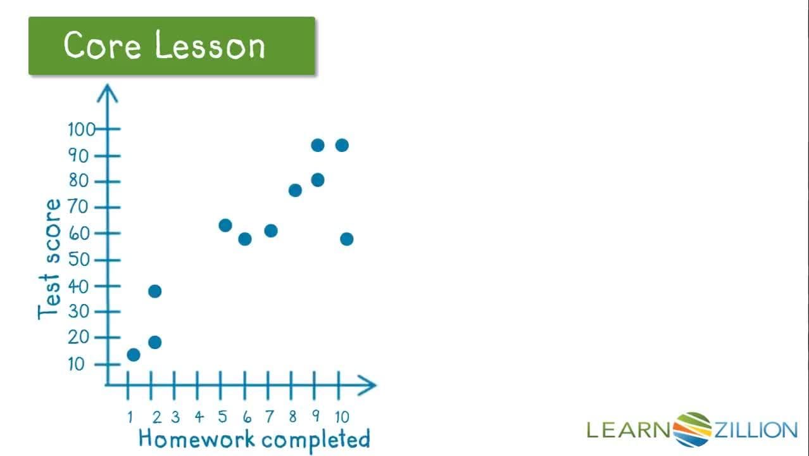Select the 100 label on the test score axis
point(81,130)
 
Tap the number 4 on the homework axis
point(199,417)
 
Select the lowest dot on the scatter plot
point(133,355)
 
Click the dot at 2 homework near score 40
point(154,291)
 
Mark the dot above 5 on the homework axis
point(225,225)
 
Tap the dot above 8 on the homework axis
point(295,190)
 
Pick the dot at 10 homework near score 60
point(346,239)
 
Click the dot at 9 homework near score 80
point(318,180)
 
